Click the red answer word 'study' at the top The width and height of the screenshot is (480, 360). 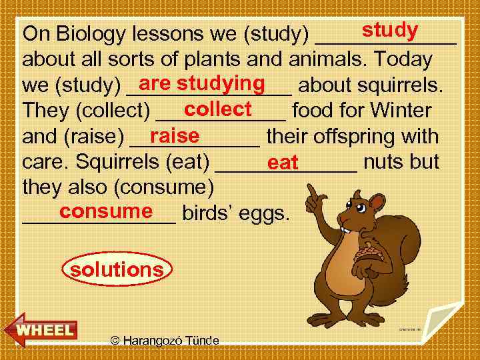coord(389,31)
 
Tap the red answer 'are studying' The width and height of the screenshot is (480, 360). coord(203,83)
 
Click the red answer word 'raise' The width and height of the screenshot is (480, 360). coord(175,135)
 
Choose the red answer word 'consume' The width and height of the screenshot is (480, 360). coord(105,211)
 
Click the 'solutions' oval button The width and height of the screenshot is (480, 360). coord(117,270)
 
